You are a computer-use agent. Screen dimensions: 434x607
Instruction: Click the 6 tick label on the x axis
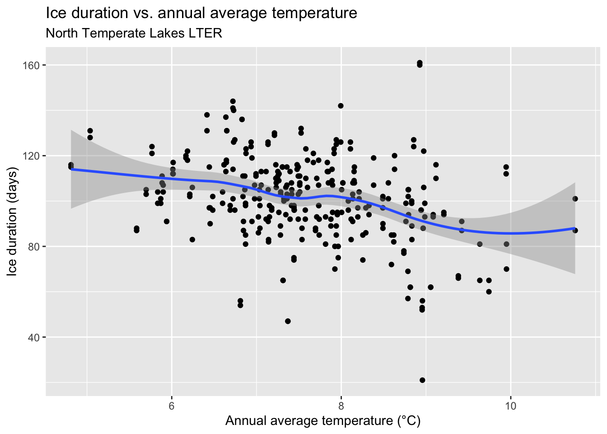pos(172,406)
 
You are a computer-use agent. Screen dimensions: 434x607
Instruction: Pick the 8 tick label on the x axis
pos(341,406)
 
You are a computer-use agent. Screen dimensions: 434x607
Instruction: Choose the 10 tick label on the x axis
pos(510,406)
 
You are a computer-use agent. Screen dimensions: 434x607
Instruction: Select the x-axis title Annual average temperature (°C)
pos(323,421)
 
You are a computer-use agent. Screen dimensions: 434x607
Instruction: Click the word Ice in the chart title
pos(55,13)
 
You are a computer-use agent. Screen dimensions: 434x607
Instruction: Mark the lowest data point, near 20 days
pos(422,380)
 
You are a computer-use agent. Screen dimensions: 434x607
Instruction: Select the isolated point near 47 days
pos(288,321)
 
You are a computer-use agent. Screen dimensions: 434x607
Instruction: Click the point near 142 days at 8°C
pos(341,106)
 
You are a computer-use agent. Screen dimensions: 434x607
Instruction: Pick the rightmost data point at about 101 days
pos(575,198)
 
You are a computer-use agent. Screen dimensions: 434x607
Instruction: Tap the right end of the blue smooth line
pos(575,228)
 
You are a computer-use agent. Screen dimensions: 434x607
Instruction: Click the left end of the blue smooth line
pos(71,169)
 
